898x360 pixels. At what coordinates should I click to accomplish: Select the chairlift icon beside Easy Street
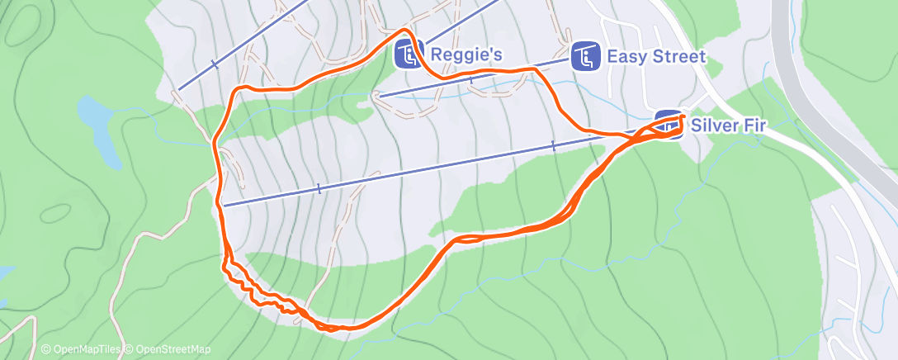pyautogui.click(x=585, y=56)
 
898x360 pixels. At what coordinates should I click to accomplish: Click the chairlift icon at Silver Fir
pyautogui.click(x=669, y=126)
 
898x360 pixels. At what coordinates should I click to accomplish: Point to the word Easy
pyautogui.click(x=624, y=56)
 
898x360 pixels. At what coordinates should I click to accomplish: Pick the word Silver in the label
pyautogui.click(x=714, y=126)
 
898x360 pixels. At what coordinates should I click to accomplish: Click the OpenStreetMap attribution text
pyautogui.click(x=171, y=349)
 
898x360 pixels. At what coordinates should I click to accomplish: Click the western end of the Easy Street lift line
pyautogui.click(x=379, y=97)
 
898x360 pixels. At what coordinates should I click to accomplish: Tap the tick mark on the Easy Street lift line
pyautogui.click(x=470, y=79)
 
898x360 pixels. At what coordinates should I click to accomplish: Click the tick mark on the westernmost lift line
pyautogui.click(x=214, y=64)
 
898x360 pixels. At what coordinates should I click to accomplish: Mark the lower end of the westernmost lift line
pyautogui.click(x=179, y=89)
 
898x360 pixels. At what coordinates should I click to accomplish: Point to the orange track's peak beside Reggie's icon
pyautogui.click(x=404, y=30)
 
